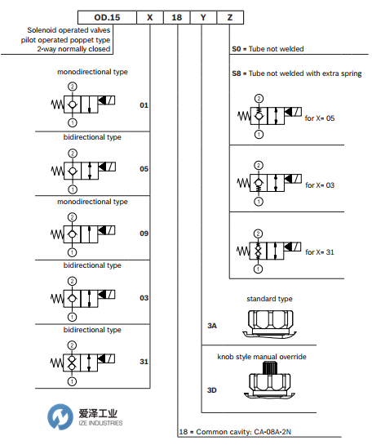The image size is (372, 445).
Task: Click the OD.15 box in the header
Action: pyautogui.click(x=107, y=18)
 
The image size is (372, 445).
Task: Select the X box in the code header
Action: pyautogui.click(x=150, y=18)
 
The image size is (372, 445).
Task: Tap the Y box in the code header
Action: pyautogui.click(x=203, y=18)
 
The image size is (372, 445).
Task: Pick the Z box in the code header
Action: pyautogui.click(x=230, y=18)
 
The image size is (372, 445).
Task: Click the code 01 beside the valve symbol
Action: pyautogui.click(x=144, y=105)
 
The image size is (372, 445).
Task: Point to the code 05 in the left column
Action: pyautogui.click(x=144, y=169)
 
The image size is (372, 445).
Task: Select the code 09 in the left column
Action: pyautogui.click(x=144, y=234)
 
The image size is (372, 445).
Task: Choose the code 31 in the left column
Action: pyautogui.click(x=144, y=362)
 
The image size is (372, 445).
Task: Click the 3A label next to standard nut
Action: pyautogui.click(x=212, y=326)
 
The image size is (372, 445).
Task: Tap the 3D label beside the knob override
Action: pyautogui.click(x=212, y=390)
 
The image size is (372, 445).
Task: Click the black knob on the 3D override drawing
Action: pyautogui.click(x=269, y=368)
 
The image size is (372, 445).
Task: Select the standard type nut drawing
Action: pyautogui.click(x=270, y=323)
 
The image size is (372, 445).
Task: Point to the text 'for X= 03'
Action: pyautogui.click(x=320, y=185)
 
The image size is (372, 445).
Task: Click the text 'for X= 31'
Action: pyautogui.click(x=320, y=252)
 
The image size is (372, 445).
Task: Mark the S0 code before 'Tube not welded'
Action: pyautogui.click(x=237, y=49)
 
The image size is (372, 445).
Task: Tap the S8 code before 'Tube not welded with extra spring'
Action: pyautogui.click(x=237, y=73)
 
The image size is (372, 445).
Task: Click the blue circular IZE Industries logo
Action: pyautogui.click(x=60, y=416)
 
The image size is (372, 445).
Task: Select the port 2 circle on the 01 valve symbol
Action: pyautogui.click(x=73, y=87)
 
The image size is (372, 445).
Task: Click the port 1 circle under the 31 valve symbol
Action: pyautogui.click(x=72, y=381)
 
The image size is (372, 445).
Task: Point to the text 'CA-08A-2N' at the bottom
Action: pyautogui.click(x=272, y=432)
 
